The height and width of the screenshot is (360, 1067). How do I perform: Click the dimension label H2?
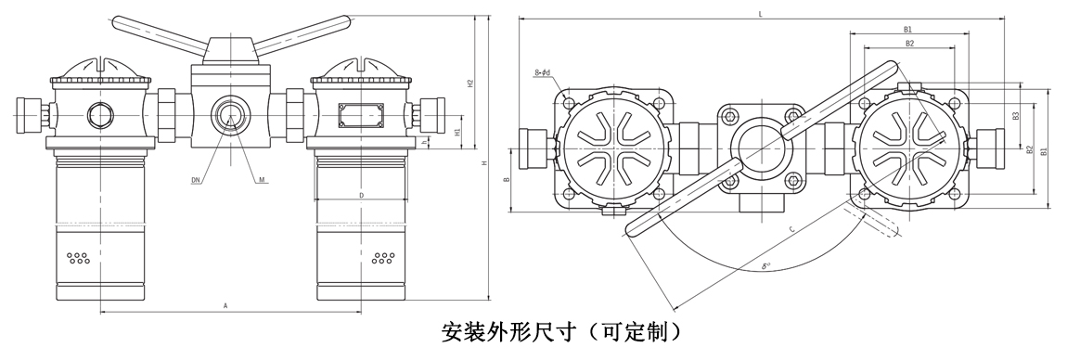pyautogui.click(x=470, y=84)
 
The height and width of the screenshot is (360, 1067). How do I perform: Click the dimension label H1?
pyautogui.click(x=458, y=132)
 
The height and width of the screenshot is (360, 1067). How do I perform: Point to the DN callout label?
pyautogui.click(x=195, y=180)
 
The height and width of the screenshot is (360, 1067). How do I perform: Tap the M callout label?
pyautogui.click(x=264, y=180)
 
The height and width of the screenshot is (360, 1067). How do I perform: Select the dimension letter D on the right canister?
pyautogui.click(x=361, y=196)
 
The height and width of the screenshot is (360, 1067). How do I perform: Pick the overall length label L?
pyautogui.click(x=761, y=14)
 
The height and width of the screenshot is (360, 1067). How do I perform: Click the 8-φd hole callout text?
pyautogui.click(x=544, y=71)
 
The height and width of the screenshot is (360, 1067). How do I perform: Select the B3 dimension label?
pyautogui.click(x=1016, y=116)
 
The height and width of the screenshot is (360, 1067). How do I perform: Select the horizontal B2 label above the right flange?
pyautogui.click(x=909, y=43)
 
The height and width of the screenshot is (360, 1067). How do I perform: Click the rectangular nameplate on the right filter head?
pyautogui.click(x=359, y=114)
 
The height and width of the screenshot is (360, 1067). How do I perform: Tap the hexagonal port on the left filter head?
pyautogui.click(x=100, y=115)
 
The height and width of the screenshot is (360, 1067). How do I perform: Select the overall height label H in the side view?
pyautogui.click(x=483, y=163)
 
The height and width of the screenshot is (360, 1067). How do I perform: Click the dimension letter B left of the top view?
pyautogui.click(x=507, y=179)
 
